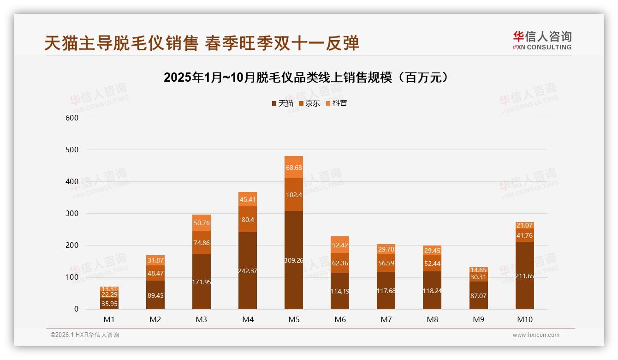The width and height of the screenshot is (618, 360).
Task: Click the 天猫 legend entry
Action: point(282,103)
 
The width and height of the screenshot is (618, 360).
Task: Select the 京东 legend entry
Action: point(309,103)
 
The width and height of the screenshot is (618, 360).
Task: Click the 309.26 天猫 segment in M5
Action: point(294,260)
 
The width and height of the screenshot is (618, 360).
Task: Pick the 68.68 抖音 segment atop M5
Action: point(294,168)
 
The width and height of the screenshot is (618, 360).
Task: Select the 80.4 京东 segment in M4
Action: point(248,219)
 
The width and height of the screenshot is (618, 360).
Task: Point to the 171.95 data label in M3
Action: point(202,282)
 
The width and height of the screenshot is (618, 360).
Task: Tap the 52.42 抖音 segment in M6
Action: point(340,245)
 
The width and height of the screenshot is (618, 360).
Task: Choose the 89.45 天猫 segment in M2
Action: point(155,295)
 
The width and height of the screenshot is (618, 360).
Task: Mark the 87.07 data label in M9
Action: point(478,295)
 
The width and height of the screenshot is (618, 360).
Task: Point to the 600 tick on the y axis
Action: point(72,118)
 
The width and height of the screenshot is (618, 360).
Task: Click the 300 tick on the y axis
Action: point(72,214)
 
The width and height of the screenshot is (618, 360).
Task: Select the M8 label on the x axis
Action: point(432,319)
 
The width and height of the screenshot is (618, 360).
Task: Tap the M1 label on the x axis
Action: point(109,319)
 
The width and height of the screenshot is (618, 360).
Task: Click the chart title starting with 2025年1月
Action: point(306,78)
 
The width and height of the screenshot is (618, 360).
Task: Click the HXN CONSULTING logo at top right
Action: point(542,41)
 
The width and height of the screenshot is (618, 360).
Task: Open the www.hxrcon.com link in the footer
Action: point(536,335)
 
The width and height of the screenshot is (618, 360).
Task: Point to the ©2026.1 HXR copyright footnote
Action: point(85,335)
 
